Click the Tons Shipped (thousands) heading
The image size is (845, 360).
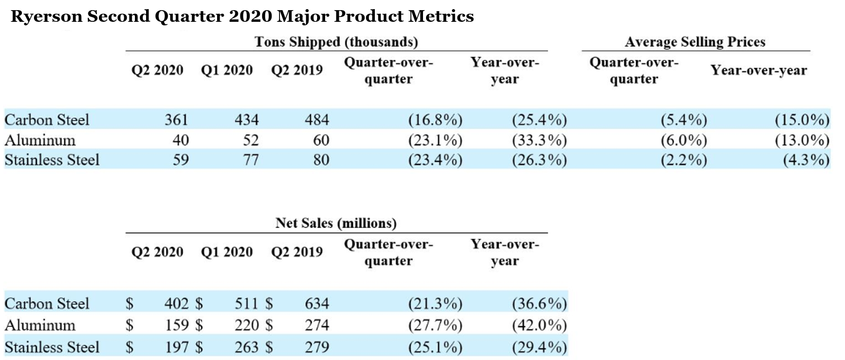pyautogui.click(x=336, y=42)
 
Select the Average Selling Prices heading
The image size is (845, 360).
pyautogui.click(x=695, y=42)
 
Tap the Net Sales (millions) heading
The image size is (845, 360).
pyautogui.click(x=336, y=223)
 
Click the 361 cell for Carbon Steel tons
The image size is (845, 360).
pyautogui.click(x=176, y=120)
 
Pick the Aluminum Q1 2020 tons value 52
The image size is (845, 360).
pyautogui.click(x=251, y=140)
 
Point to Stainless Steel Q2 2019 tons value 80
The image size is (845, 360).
pyautogui.click(x=321, y=160)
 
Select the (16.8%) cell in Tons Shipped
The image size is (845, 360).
pyautogui.click(x=435, y=120)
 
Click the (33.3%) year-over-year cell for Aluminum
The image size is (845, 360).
pyautogui.click(x=539, y=140)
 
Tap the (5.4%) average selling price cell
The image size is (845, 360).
pyautogui.click(x=683, y=120)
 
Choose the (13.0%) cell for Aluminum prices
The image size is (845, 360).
pyautogui.click(x=802, y=140)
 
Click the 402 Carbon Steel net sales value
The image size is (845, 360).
pyautogui.click(x=176, y=303)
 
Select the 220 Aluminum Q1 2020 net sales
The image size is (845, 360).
pyautogui.click(x=247, y=325)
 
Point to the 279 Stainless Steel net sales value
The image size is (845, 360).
pyautogui.click(x=317, y=347)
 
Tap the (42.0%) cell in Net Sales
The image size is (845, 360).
pyautogui.click(x=539, y=325)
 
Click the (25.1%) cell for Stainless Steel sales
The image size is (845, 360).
pyautogui.click(x=435, y=347)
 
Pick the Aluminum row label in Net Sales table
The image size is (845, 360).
pyautogui.click(x=40, y=325)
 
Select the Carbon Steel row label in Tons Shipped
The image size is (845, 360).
pyautogui.click(x=47, y=120)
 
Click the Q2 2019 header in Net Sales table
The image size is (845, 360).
pyautogui.click(x=297, y=252)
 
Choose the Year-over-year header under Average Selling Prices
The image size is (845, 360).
pyautogui.click(x=758, y=70)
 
